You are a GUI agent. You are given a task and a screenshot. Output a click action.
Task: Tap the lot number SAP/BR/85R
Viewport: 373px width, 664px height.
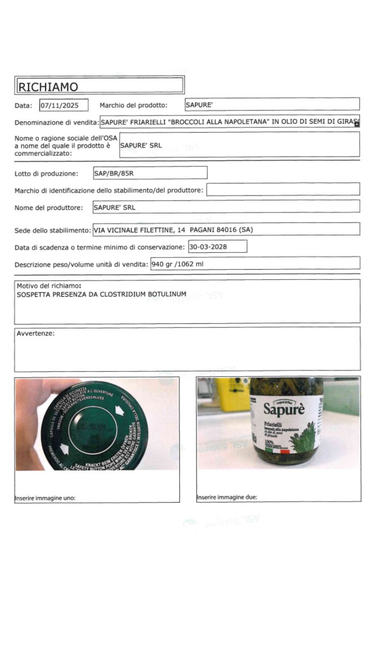tap(114, 173)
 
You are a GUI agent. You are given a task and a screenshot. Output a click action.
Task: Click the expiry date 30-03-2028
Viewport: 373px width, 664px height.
tap(208, 247)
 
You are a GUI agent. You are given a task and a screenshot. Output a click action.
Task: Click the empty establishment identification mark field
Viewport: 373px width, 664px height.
tap(283, 189)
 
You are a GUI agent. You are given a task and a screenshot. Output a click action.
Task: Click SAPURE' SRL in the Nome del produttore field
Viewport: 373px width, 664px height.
tap(114, 207)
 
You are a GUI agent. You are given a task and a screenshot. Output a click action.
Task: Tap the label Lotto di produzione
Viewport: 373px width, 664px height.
tap(46, 174)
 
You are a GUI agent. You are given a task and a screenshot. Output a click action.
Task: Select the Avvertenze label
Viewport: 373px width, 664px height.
tap(35, 334)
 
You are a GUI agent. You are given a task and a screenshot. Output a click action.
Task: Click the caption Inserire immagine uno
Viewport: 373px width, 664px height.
tap(45, 498)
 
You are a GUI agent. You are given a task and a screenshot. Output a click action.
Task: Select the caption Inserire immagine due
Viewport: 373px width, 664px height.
tap(227, 497)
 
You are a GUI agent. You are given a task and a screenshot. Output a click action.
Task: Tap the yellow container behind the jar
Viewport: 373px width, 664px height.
tap(232, 394)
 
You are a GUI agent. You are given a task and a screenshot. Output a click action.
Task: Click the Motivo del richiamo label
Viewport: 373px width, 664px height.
tap(49, 286)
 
